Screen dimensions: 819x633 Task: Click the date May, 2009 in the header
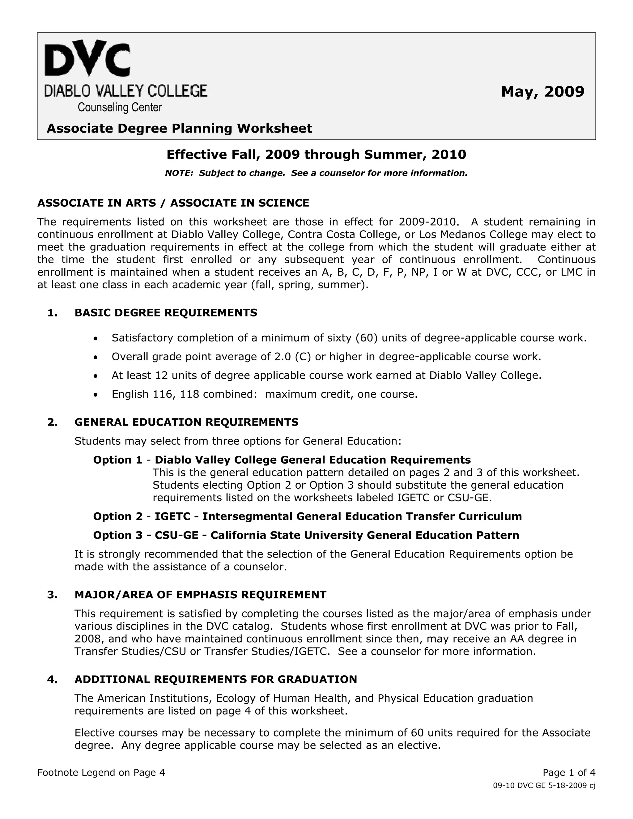click(x=542, y=91)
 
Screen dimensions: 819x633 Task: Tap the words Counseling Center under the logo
click(x=120, y=108)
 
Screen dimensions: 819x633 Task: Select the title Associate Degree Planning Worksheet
click(x=179, y=129)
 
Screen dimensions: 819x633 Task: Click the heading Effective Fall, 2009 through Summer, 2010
click(x=316, y=155)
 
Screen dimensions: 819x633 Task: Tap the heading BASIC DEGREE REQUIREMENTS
click(x=166, y=312)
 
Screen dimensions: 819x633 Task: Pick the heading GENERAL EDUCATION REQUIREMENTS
click(x=186, y=422)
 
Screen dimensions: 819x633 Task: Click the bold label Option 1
click(x=118, y=460)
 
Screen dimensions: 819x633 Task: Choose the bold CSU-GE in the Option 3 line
click(x=176, y=535)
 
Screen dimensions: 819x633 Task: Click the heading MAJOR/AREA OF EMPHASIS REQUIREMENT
click(x=200, y=595)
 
